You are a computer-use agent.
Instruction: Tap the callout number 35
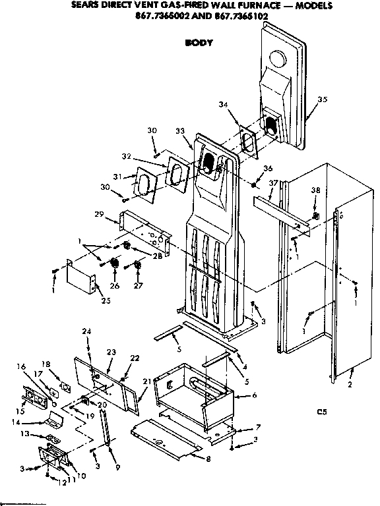pyautogui.click(x=322, y=99)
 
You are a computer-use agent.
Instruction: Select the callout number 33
pyautogui.click(x=180, y=132)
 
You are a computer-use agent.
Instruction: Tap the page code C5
pyautogui.click(x=321, y=413)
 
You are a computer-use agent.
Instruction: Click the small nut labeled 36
pyautogui.click(x=253, y=181)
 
